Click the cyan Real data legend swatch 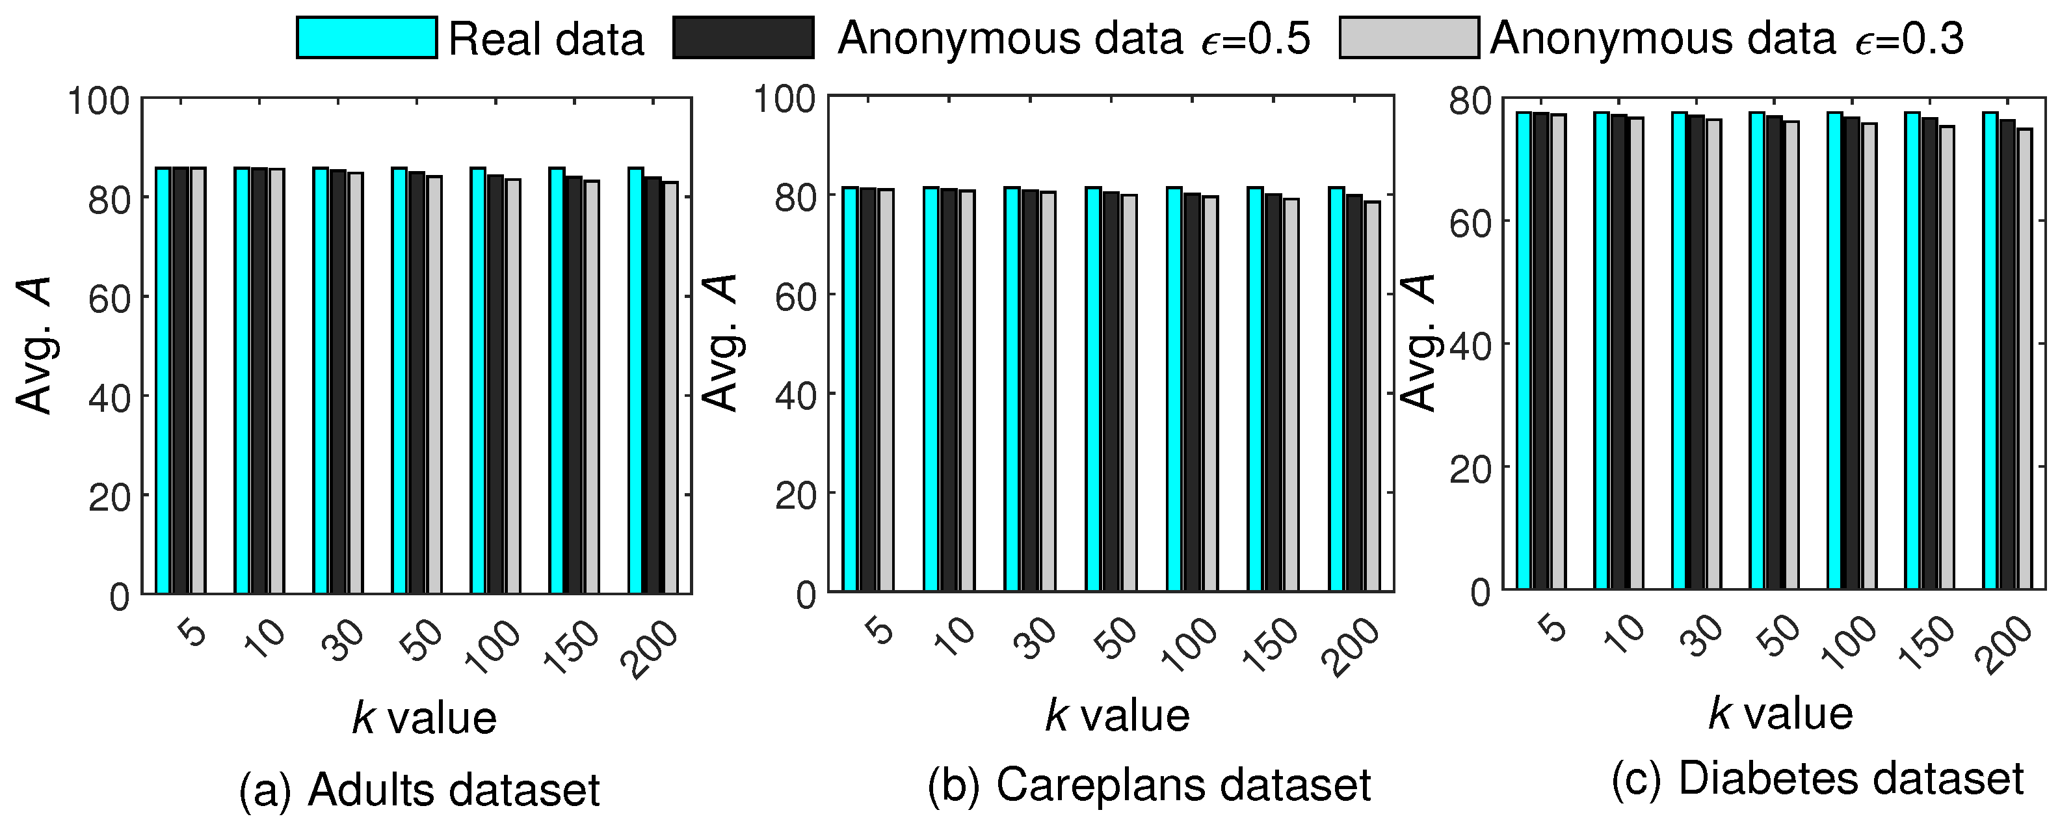tap(366, 38)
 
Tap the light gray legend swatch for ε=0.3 tap(1409, 38)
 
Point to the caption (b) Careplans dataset tap(1149, 784)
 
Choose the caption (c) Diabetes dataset tap(1817, 779)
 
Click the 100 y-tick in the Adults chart tap(98, 101)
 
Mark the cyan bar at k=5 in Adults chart tap(163, 380)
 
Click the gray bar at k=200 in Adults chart tap(670, 388)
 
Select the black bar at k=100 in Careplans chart tap(1193, 392)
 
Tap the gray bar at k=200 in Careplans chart tap(1372, 396)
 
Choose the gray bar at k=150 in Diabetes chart tap(1946, 358)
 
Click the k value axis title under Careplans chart tap(1116, 714)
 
